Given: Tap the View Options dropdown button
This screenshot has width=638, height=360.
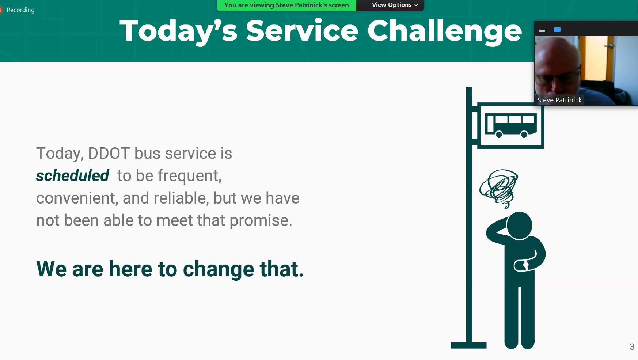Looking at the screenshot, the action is click(x=395, y=5).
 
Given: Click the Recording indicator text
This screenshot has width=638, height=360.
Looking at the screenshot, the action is click(x=20, y=10).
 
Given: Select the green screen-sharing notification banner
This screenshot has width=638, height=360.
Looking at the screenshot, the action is click(x=286, y=5).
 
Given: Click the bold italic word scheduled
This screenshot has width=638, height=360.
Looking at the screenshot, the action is click(x=72, y=175).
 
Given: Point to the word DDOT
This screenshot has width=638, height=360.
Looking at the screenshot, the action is click(x=109, y=153).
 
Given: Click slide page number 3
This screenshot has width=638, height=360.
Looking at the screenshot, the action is click(x=632, y=347).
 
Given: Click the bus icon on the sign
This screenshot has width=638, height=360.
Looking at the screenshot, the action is click(x=511, y=125).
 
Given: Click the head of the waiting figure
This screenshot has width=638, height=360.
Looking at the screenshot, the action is click(x=519, y=226).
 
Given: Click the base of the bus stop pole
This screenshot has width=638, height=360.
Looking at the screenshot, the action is click(x=469, y=345).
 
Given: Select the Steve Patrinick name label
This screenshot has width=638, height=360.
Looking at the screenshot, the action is click(x=559, y=100).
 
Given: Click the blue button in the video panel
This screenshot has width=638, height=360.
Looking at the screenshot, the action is click(x=557, y=30).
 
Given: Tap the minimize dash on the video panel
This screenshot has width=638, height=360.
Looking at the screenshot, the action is click(x=542, y=31).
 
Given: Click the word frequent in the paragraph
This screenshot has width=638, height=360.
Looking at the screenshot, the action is click(x=190, y=176).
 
